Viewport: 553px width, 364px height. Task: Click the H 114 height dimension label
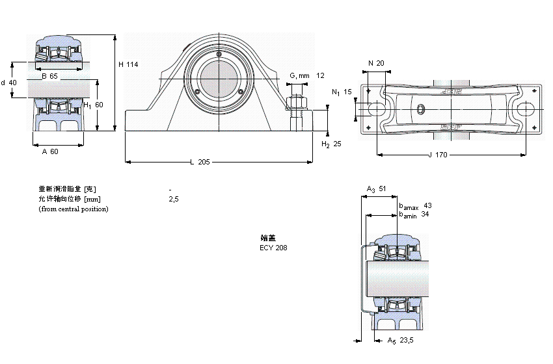(x=128, y=64)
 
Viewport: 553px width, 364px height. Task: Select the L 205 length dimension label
(x=200, y=162)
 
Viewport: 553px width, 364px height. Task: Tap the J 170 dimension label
(x=439, y=155)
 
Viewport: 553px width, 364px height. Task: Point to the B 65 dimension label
(x=49, y=76)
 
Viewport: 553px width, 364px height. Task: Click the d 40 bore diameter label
(x=8, y=83)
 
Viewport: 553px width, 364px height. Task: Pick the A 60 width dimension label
(x=50, y=151)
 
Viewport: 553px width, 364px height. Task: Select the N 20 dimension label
(x=376, y=63)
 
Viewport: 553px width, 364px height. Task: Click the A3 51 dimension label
(x=377, y=188)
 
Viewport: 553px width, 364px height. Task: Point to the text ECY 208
(x=273, y=248)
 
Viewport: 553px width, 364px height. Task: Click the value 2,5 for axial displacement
(x=173, y=199)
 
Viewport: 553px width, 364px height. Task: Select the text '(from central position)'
(x=74, y=209)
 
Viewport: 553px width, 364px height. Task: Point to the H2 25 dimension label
(x=331, y=144)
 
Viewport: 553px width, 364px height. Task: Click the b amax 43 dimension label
(x=414, y=205)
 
